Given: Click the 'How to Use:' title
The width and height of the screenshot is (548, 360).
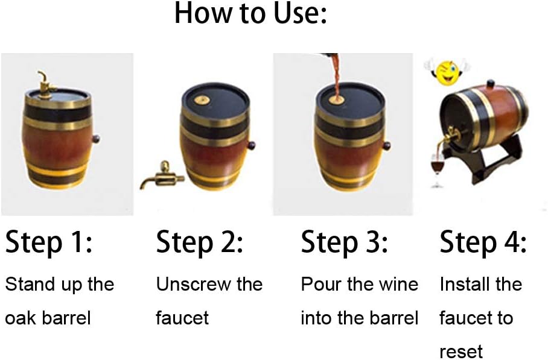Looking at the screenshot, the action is pos(250,13).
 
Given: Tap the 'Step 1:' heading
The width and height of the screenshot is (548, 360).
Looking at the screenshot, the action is pos(49,242).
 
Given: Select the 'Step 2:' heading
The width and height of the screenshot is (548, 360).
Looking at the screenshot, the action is pos(200,242).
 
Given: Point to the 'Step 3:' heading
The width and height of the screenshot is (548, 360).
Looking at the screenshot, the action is pos(344,242).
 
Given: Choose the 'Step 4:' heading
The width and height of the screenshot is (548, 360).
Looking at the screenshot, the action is pos(483,242).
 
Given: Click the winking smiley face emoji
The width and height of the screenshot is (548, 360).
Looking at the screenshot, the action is pos(447,72).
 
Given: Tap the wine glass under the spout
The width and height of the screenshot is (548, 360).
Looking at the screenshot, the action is pos(437,170).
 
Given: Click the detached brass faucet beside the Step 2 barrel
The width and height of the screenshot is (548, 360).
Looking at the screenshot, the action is pos(162,175).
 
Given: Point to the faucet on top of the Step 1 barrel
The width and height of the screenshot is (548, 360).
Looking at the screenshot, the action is pos(46,83).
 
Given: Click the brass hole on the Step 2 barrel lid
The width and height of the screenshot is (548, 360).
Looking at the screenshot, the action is pos(202,100).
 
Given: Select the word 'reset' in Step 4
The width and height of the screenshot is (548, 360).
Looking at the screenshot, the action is pos(461,352).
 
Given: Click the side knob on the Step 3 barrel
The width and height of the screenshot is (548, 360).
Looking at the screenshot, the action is pos(386,145).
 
